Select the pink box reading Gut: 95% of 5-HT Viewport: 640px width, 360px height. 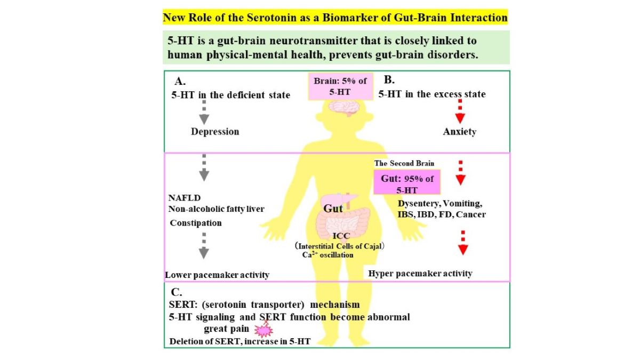point(406,183)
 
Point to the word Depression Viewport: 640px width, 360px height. point(215,131)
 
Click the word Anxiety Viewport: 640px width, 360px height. point(459,131)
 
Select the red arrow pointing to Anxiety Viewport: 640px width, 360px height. point(457,113)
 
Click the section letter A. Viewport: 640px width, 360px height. point(180,82)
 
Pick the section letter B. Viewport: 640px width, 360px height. point(389,80)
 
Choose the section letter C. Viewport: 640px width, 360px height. point(176,292)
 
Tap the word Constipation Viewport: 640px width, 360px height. point(196,222)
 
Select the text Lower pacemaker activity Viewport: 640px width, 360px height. point(217,275)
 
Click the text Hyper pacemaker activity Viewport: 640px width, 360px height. point(420,274)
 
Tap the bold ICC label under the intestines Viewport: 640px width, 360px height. point(341,236)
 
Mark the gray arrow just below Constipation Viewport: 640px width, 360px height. point(204,247)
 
